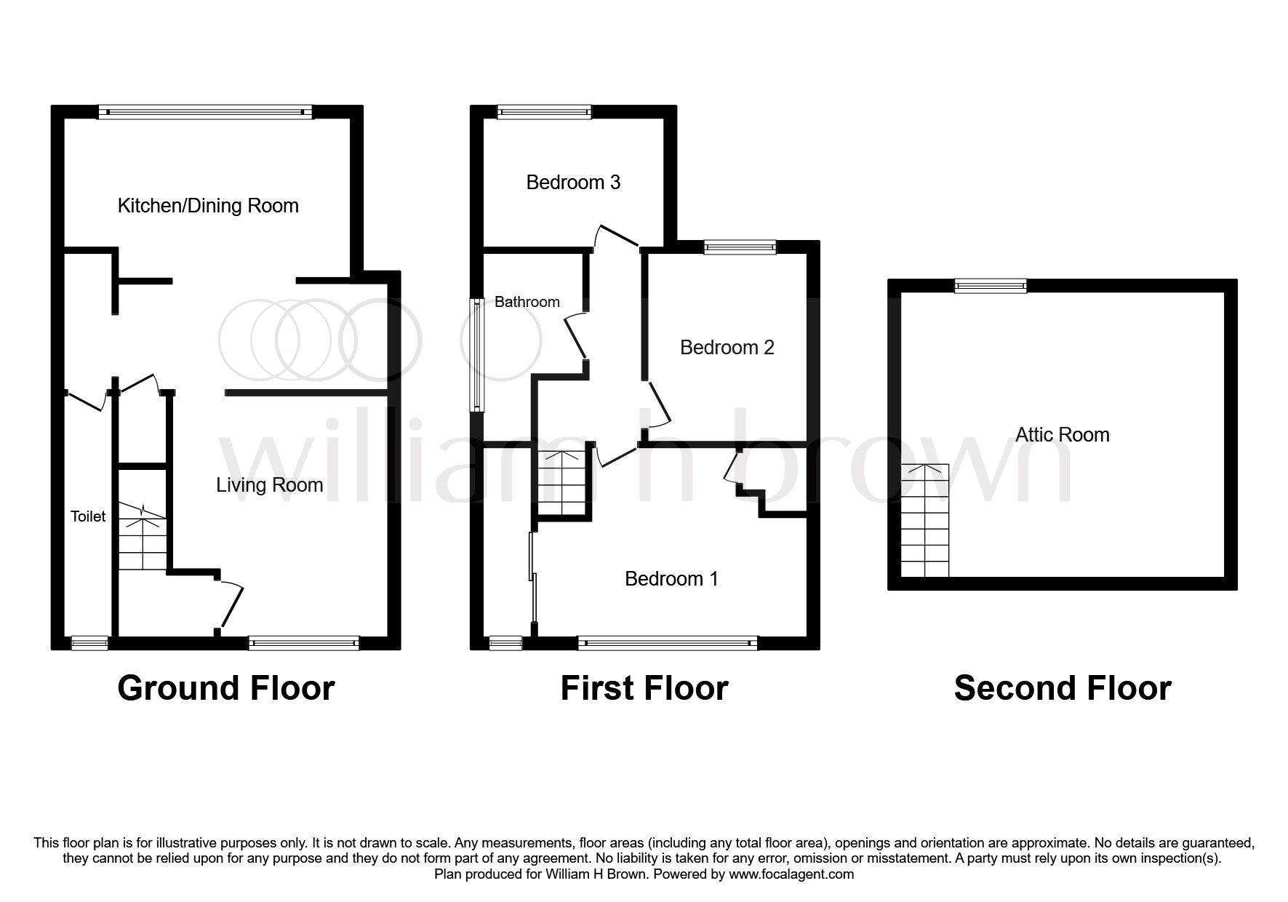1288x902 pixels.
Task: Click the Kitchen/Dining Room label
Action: (208, 206)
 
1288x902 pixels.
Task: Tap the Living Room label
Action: (269, 485)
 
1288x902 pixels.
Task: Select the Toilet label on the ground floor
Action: (88, 516)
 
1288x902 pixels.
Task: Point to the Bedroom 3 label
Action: (573, 182)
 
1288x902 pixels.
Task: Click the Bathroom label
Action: (527, 302)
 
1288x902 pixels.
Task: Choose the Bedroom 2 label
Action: (727, 348)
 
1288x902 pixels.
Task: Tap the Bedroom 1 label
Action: (671, 579)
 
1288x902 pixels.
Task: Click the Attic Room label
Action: (1062, 435)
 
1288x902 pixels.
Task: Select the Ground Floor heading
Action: (225, 688)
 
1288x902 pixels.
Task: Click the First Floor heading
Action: (644, 688)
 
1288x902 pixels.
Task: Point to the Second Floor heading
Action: (1062, 688)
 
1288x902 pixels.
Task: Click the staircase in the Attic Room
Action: (925, 521)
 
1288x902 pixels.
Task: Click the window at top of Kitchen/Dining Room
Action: (205, 112)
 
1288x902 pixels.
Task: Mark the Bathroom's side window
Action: (477, 354)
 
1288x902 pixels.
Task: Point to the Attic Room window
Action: (990, 286)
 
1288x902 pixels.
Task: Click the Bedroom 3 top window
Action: (544, 112)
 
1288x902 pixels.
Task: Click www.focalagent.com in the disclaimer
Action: (791, 874)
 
